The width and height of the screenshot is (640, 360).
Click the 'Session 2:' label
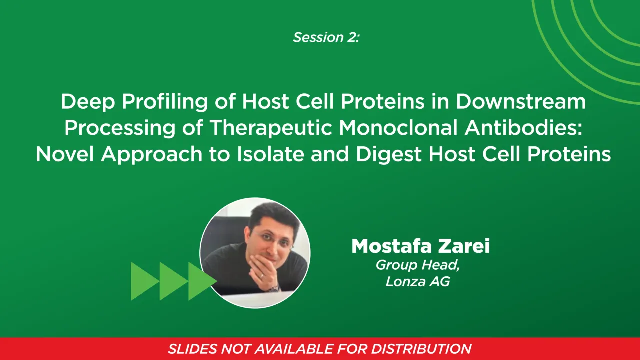[x=326, y=37]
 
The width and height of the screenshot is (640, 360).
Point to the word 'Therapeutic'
[x=272, y=128]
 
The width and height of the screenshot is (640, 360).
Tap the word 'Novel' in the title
[x=65, y=154]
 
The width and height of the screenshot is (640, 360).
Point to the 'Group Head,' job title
[x=418, y=265]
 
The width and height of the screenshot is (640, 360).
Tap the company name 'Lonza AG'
[x=418, y=281]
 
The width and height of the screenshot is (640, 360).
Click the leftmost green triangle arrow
[x=143, y=281]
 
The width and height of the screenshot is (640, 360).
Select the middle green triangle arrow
[x=172, y=281]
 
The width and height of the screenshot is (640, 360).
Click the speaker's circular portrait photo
[x=255, y=252]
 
